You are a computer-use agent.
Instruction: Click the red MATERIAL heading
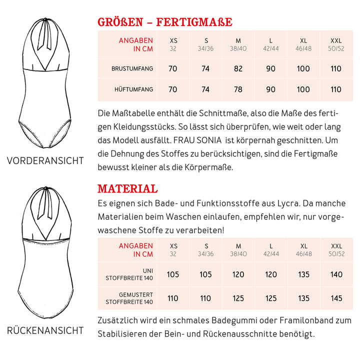pyautogui.click(x=127, y=188)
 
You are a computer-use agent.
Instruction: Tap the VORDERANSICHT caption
pyautogui.click(x=45, y=160)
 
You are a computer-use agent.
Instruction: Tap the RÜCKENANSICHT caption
pyautogui.click(x=45, y=330)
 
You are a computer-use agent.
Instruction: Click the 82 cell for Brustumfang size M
pyautogui.click(x=238, y=68)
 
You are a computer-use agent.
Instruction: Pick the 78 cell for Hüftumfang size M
pyautogui.click(x=238, y=89)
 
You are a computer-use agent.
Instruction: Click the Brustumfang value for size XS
pyautogui.click(x=173, y=68)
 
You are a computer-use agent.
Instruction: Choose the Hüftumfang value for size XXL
pyautogui.click(x=336, y=89)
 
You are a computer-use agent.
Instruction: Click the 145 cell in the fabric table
pyautogui.click(x=336, y=298)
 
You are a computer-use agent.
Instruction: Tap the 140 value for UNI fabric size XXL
pyautogui.click(x=336, y=274)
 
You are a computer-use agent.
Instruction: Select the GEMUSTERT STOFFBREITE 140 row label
pyautogui.click(x=129, y=298)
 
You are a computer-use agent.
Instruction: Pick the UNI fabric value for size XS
pyautogui.click(x=173, y=274)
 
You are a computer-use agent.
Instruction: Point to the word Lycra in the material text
pyautogui.click(x=286, y=204)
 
